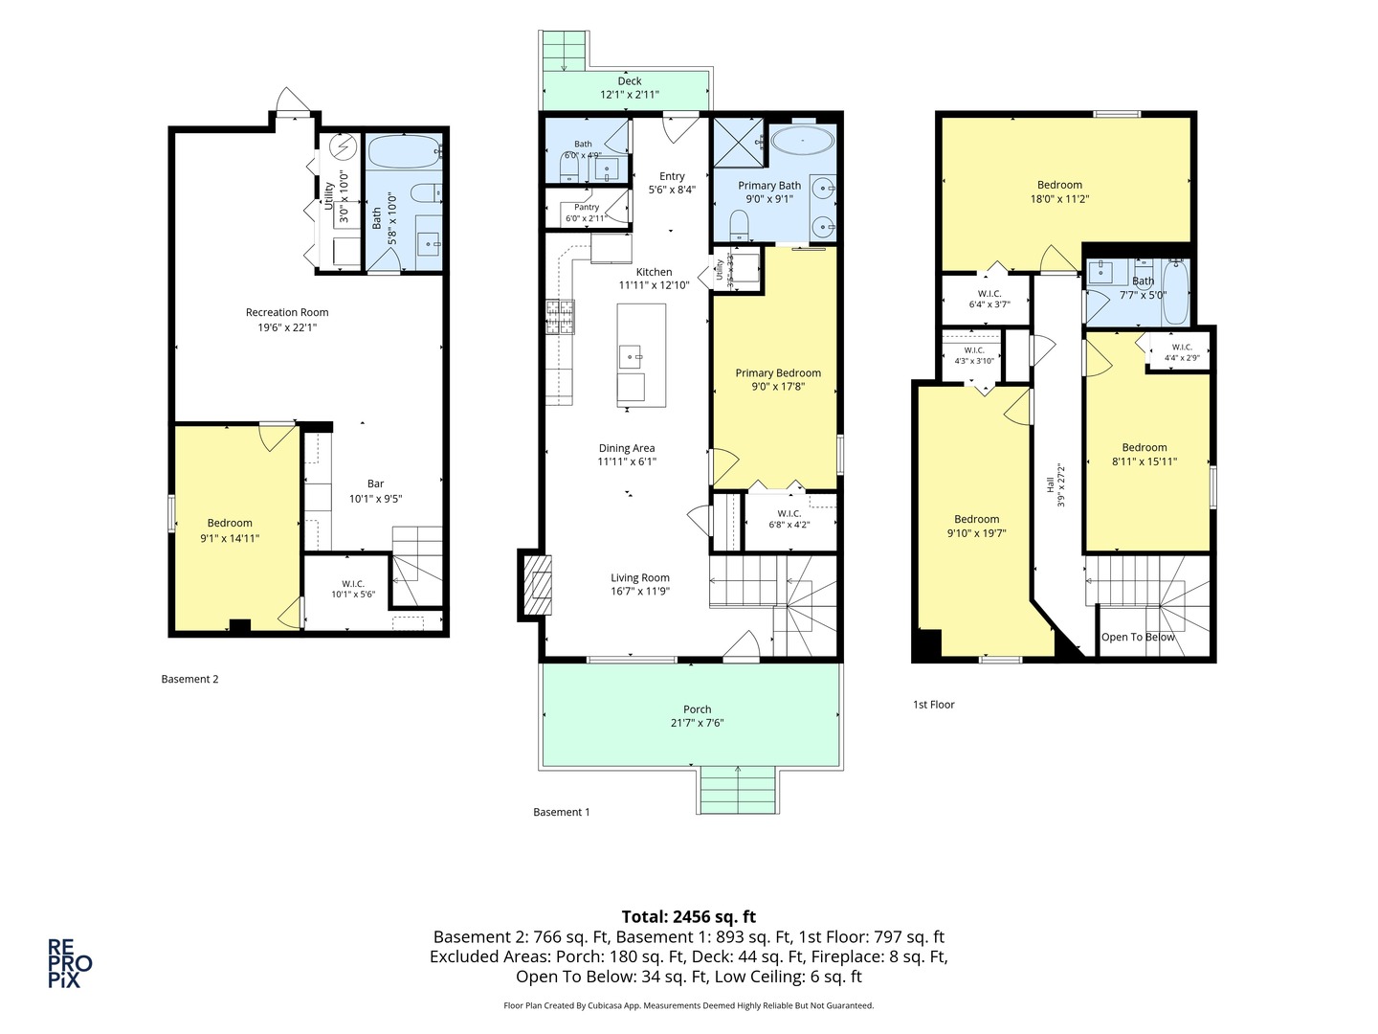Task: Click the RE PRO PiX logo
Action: point(70,963)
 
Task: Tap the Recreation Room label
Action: point(287,312)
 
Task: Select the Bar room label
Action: point(375,483)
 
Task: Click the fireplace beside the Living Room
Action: point(536,585)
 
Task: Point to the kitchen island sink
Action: point(631,356)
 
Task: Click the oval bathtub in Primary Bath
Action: point(802,142)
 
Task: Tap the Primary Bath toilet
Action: point(740,225)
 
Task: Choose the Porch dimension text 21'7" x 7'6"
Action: point(697,723)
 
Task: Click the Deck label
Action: point(629,81)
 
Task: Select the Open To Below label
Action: point(1138,637)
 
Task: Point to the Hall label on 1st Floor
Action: point(1051,484)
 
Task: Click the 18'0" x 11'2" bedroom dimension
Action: point(1059,199)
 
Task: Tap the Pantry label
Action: point(587,207)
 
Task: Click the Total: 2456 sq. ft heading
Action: point(689,916)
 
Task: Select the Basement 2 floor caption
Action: point(189,679)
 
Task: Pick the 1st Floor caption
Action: point(934,705)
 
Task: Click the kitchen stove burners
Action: point(560,317)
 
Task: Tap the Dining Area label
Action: point(627,448)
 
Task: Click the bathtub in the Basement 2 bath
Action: point(404,152)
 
